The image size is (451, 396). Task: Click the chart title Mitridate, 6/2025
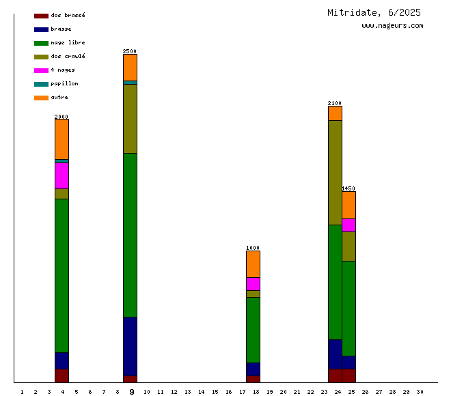tap(374, 12)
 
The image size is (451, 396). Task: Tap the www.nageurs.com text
tap(392, 26)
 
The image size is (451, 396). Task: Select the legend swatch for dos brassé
tap(41, 16)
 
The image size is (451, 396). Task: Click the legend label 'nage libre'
tap(68, 43)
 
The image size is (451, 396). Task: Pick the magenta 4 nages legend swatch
tap(41, 70)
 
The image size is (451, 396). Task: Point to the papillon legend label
tap(64, 84)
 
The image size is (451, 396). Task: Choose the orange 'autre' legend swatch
tap(41, 98)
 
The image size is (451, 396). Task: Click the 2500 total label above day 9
tap(130, 51)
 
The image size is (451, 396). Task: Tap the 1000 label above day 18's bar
tap(253, 248)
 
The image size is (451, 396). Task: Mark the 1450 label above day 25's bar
tap(348, 188)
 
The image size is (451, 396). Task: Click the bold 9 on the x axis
tap(132, 392)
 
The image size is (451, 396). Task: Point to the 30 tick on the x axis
tap(420, 392)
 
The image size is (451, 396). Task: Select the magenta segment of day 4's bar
tap(61, 175)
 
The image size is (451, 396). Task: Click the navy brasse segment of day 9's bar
tap(130, 346)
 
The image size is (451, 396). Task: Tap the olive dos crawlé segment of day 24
tap(335, 173)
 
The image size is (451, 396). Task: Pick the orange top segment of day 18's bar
tap(253, 264)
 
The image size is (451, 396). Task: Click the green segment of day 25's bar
tap(348, 308)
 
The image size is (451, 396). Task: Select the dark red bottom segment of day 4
tap(61, 376)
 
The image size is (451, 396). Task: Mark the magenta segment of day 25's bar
tap(348, 225)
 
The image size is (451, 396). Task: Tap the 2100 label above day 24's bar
tap(335, 104)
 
